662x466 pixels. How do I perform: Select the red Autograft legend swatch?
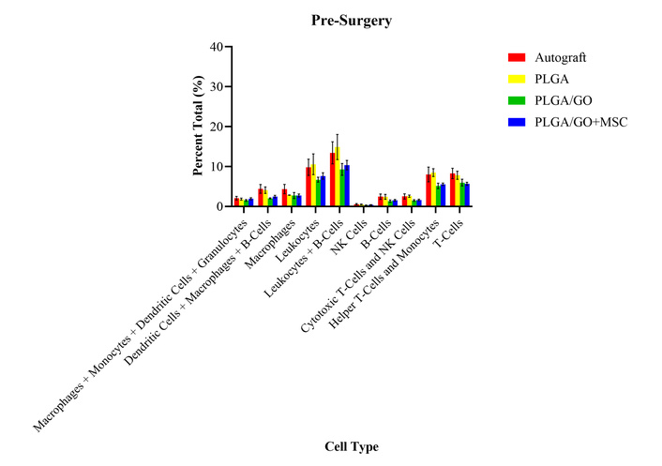click(515, 58)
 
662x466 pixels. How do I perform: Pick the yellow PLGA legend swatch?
click(515, 80)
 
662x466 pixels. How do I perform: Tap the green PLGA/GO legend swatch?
click(515, 100)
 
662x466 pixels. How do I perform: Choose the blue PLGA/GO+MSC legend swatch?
click(515, 122)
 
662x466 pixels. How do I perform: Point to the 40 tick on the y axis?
click(218, 47)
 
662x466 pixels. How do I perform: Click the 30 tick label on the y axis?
click(218, 86)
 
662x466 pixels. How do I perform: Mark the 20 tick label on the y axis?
click(218, 127)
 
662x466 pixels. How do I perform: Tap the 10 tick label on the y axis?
click(218, 166)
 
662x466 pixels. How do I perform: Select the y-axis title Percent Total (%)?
click(199, 127)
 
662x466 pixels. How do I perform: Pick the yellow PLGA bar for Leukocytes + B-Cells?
click(339, 177)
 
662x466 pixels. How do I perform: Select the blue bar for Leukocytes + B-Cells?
click(347, 186)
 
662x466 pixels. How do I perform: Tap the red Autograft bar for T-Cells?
click(452, 189)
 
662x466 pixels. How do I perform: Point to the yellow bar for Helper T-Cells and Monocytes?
click(434, 189)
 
